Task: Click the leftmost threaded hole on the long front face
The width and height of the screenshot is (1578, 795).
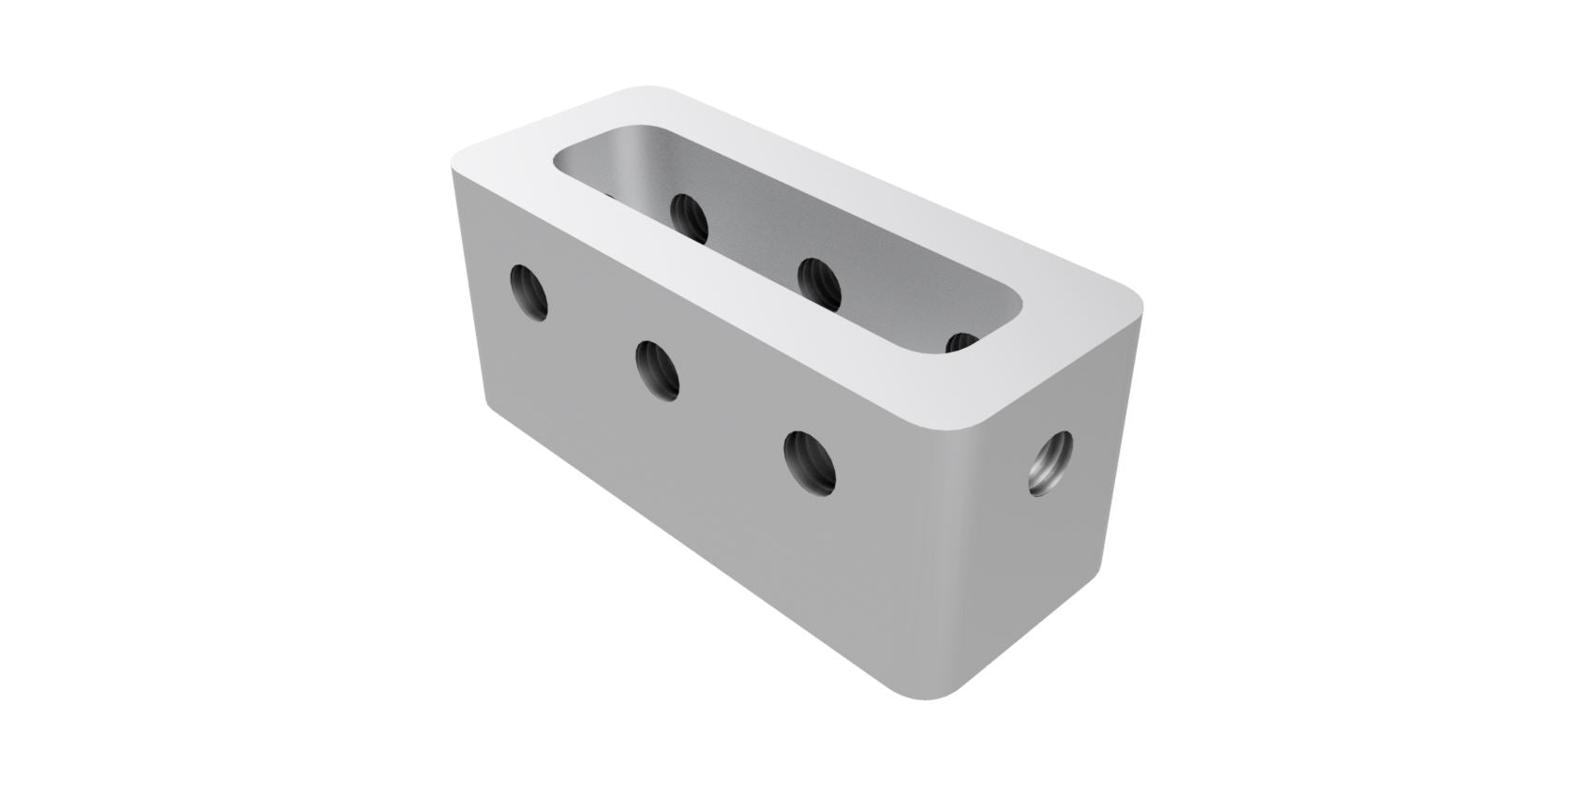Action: [x=528, y=292]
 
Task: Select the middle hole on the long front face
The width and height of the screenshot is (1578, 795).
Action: [x=657, y=370]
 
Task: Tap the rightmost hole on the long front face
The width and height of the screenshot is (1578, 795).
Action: [x=811, y=461]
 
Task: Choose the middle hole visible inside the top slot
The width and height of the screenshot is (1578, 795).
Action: [x=819, y=282]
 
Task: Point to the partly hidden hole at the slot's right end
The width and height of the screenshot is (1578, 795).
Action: [x=962, y=343]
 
